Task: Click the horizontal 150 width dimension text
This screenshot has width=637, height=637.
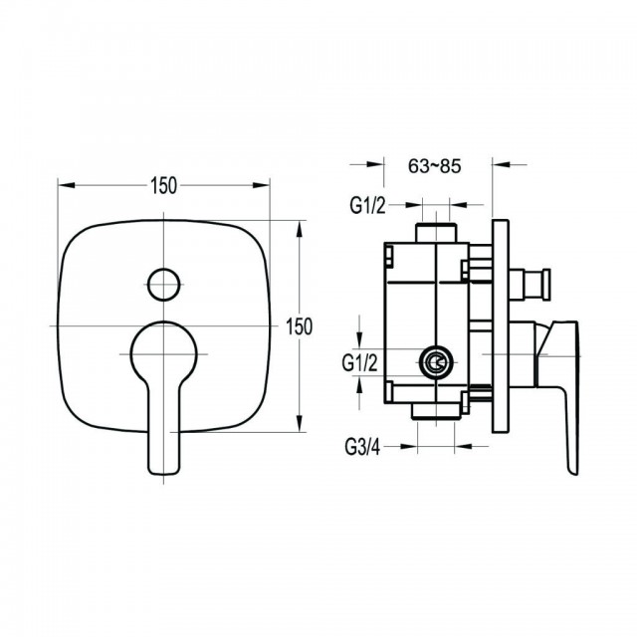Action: point(163,186)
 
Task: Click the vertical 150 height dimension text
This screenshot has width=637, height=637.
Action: point(299,326)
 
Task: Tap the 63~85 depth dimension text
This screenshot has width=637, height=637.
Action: point(435,166)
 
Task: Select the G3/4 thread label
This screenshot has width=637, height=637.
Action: point(362,447)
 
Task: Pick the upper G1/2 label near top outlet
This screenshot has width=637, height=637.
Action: point(367,206)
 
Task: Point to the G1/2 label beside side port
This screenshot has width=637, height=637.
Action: point(360,362)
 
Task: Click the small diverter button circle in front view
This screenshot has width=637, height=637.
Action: point(163,285)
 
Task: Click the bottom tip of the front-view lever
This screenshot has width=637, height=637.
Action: point(163,474)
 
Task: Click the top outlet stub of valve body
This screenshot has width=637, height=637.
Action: point(436,233)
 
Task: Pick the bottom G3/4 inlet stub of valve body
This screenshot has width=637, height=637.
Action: point(436,411)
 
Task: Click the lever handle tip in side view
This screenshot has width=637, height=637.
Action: point(573,471)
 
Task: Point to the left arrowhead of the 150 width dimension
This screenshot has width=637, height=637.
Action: point(67,185)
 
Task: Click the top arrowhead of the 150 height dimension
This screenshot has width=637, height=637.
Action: point(300,230)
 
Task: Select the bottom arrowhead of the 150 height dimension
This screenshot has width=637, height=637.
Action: point(300,423)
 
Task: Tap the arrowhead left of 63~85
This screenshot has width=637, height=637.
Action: point(375,164)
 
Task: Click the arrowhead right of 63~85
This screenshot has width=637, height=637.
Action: point(501,164)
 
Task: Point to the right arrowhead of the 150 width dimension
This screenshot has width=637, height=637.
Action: point(261,185)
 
